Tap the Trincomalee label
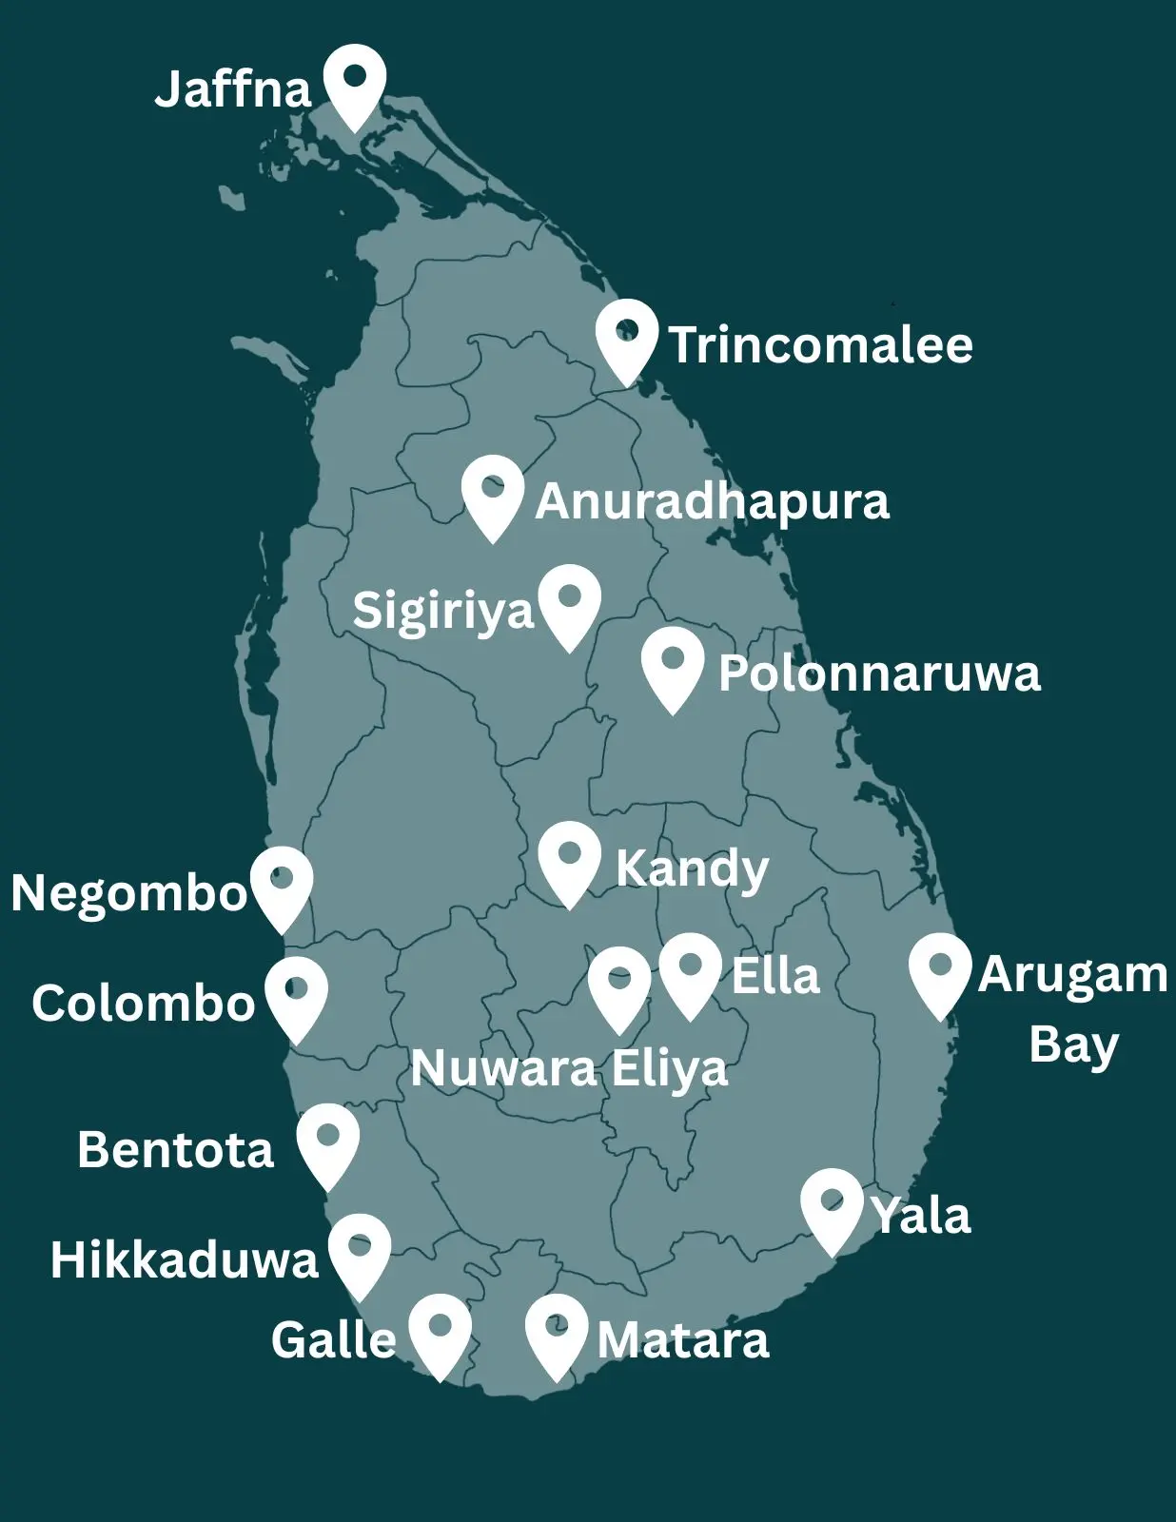click(x=820, y=344)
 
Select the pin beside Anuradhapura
click(x=493, y=494)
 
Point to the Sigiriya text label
click(x=443, y=611)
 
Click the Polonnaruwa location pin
click(x=673, y=665)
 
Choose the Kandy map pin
click(x=569, y=861)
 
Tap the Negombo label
click(x=129, y=893)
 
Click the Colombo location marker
click(x=297, y=995)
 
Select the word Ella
click(x=775, y=976)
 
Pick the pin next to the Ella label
click(x=690, y=971)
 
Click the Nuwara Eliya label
click(x=569, y=1068)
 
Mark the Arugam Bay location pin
click(x=940, y=971)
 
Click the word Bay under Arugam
click(x=1073, y=1045)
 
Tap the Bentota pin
click(x=328, y=1141)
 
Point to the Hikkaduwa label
click(x=185, y=1259)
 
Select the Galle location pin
click(x=440, y=1332)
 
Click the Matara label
click(x=683, y=1340)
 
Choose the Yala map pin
click(x=833, y=1207)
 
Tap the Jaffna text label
click(x=233, y=89)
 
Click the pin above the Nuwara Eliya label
click(x=619, y=985)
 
